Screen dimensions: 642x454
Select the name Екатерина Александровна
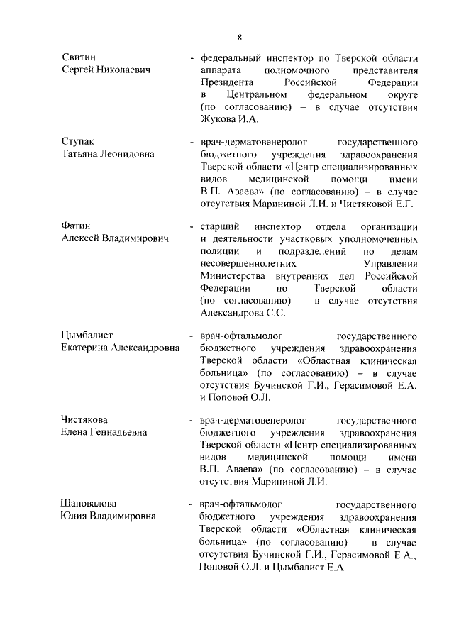(121, 347)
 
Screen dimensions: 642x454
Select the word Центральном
(256, 94)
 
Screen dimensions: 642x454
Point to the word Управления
(391, 262)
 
